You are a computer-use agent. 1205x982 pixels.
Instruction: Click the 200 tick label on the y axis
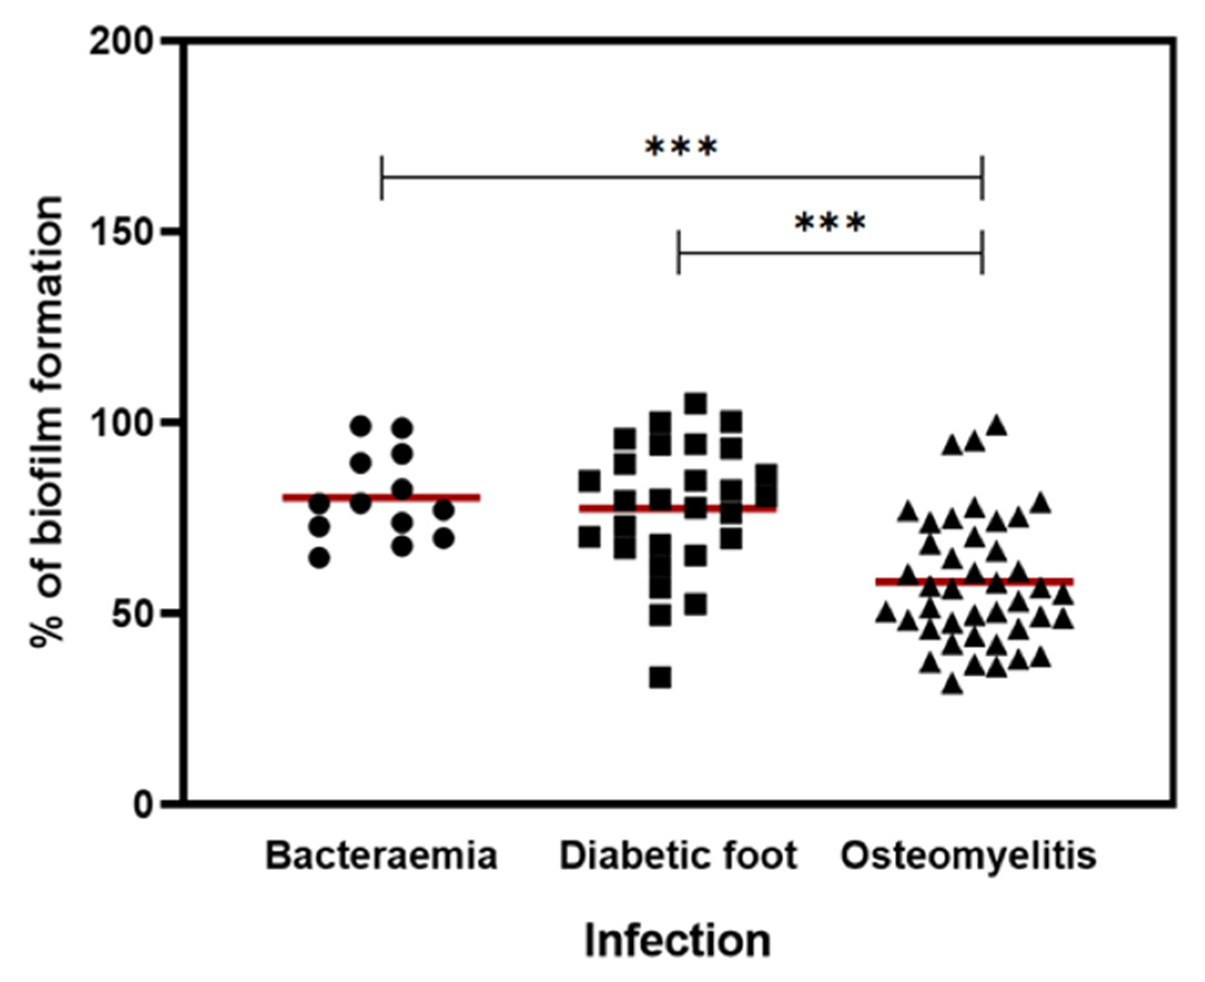pos(121,42)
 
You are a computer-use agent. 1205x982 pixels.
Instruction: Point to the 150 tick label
pos(121,232)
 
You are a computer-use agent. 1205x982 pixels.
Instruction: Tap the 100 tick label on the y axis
pos(121,424)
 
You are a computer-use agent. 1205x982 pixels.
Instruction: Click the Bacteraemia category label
pos(381,856)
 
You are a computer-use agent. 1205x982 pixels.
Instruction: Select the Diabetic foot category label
pos(678,856)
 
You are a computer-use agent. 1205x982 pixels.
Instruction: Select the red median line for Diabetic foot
pos(678,509)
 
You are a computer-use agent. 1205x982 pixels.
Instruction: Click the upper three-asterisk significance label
pos(682,148)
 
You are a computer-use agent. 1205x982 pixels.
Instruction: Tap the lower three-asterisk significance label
pos(830,223)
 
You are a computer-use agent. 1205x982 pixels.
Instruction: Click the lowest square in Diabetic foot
pos(660,677)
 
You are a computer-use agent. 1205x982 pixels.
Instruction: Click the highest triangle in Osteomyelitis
pos(996,426)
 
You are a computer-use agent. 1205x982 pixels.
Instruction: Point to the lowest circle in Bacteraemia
pos(319,558)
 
